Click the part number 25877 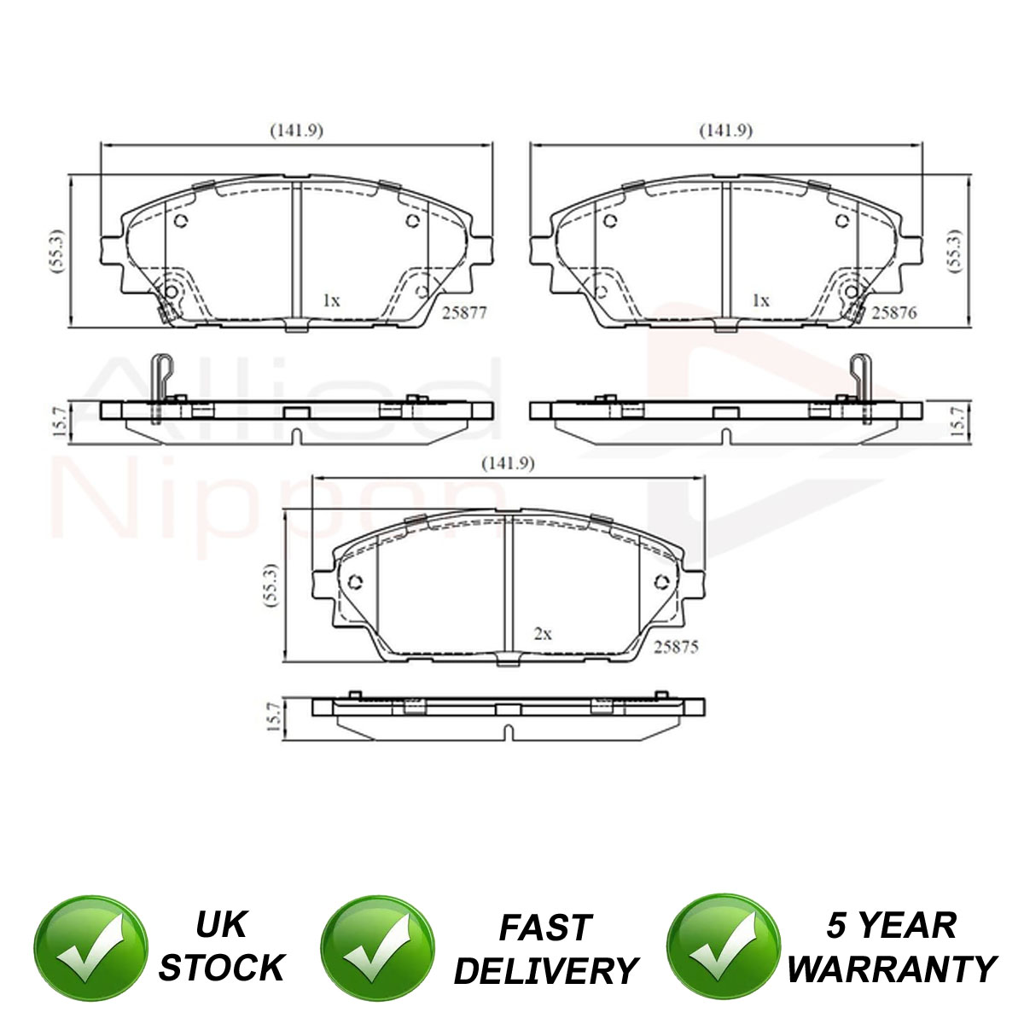click(464, 313)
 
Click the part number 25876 click(894, 312)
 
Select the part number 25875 click(675, 647)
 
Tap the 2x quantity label click(543, 633)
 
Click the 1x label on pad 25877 click(331, 300)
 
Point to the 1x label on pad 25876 click(761, 300)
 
